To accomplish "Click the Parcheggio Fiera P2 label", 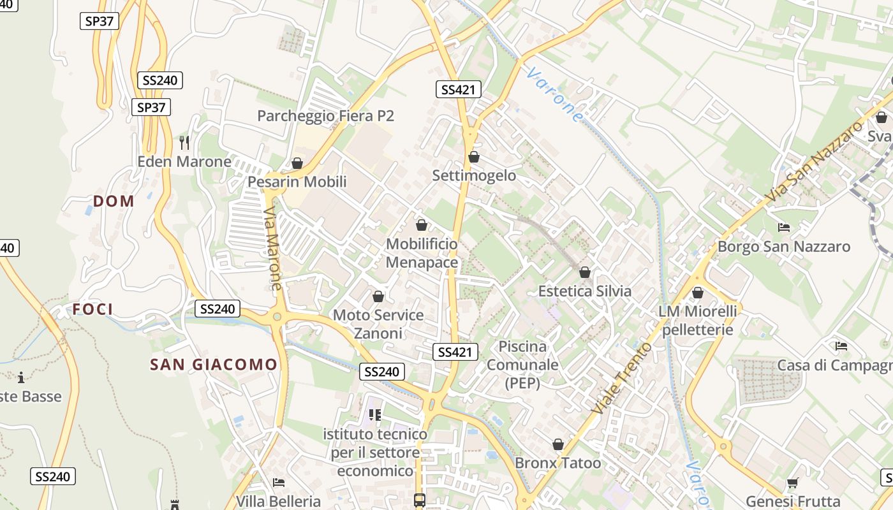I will coord(325,115).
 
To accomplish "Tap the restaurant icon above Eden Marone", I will coord(185,142).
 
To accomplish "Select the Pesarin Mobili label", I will coord(297,182).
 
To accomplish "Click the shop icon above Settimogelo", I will coord(473,157).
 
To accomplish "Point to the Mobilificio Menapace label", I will coord(422,253).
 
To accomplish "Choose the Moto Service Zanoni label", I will coord(378,324).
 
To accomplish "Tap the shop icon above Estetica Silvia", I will coord(584,273).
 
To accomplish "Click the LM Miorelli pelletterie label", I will coord(697,320).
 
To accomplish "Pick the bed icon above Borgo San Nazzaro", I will coord(784,228).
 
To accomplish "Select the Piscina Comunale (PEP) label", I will coord(522,365).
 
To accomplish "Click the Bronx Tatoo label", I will coord(557,463).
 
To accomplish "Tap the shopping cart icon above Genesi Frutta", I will coord(792,483).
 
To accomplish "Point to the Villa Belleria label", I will coord(278,500).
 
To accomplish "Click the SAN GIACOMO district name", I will coord(214,365).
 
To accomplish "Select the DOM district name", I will coord(114,201).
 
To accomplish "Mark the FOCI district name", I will coord(92,310).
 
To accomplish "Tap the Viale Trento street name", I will coord(622,377).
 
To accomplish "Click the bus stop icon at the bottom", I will coord(419,500).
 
